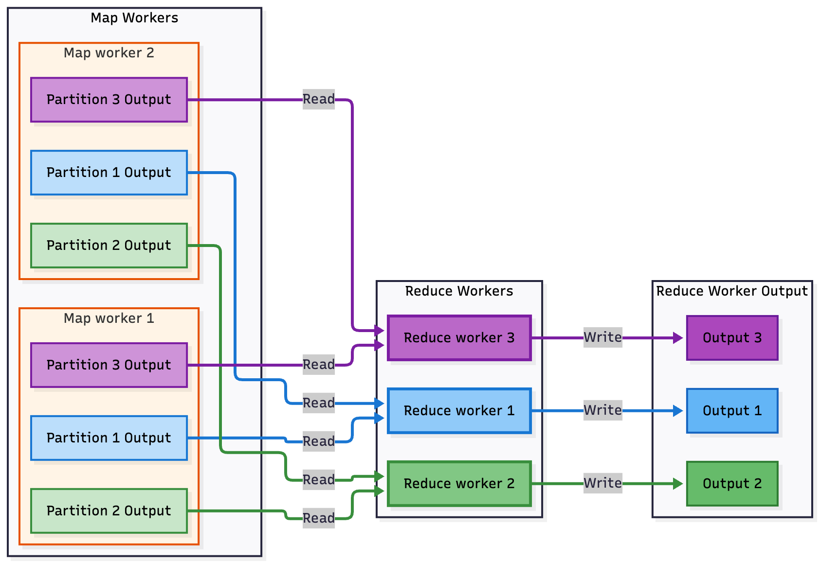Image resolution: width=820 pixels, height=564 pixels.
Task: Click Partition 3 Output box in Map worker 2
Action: [x=109, y=100]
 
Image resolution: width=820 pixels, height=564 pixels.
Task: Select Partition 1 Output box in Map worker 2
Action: [x=109, y=173]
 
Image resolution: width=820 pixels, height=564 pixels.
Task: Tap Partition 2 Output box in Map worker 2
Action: [x=109, y=246]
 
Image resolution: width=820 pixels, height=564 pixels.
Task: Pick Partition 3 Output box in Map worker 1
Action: [x=109, y=365]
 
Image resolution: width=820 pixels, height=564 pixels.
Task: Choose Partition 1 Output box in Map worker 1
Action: [x=109, y=438]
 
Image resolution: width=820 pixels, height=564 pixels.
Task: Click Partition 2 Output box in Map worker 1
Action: [x=109, y=511]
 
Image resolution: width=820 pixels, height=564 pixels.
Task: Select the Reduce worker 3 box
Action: [x=459, y=338]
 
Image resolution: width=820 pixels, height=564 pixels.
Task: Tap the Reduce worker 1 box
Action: [x=459, y=411]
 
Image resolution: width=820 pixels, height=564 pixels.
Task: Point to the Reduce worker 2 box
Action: [x=459, y=484]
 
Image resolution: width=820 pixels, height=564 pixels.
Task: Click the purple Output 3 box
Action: [x=732, y=338]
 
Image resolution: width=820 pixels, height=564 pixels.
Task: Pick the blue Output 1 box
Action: [x=732, y=411]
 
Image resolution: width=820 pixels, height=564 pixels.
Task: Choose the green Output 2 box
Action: [x=732, y=484]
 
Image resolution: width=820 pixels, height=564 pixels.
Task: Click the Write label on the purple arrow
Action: [x=602, y=337]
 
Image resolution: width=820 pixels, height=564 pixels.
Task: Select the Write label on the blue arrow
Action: [x=602, y=410]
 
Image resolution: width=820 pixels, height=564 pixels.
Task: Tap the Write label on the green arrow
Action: [x=602, y=483]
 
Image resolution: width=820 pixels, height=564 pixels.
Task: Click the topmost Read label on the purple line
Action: [x=318, y=99]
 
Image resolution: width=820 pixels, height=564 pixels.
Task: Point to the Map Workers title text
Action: [x=134, y=18]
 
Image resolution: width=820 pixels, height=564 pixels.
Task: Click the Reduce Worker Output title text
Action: [x=731, y=291]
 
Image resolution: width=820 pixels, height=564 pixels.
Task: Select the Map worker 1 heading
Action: [x=109, y=318]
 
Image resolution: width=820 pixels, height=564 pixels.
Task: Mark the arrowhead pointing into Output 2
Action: [x=678, y=484]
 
